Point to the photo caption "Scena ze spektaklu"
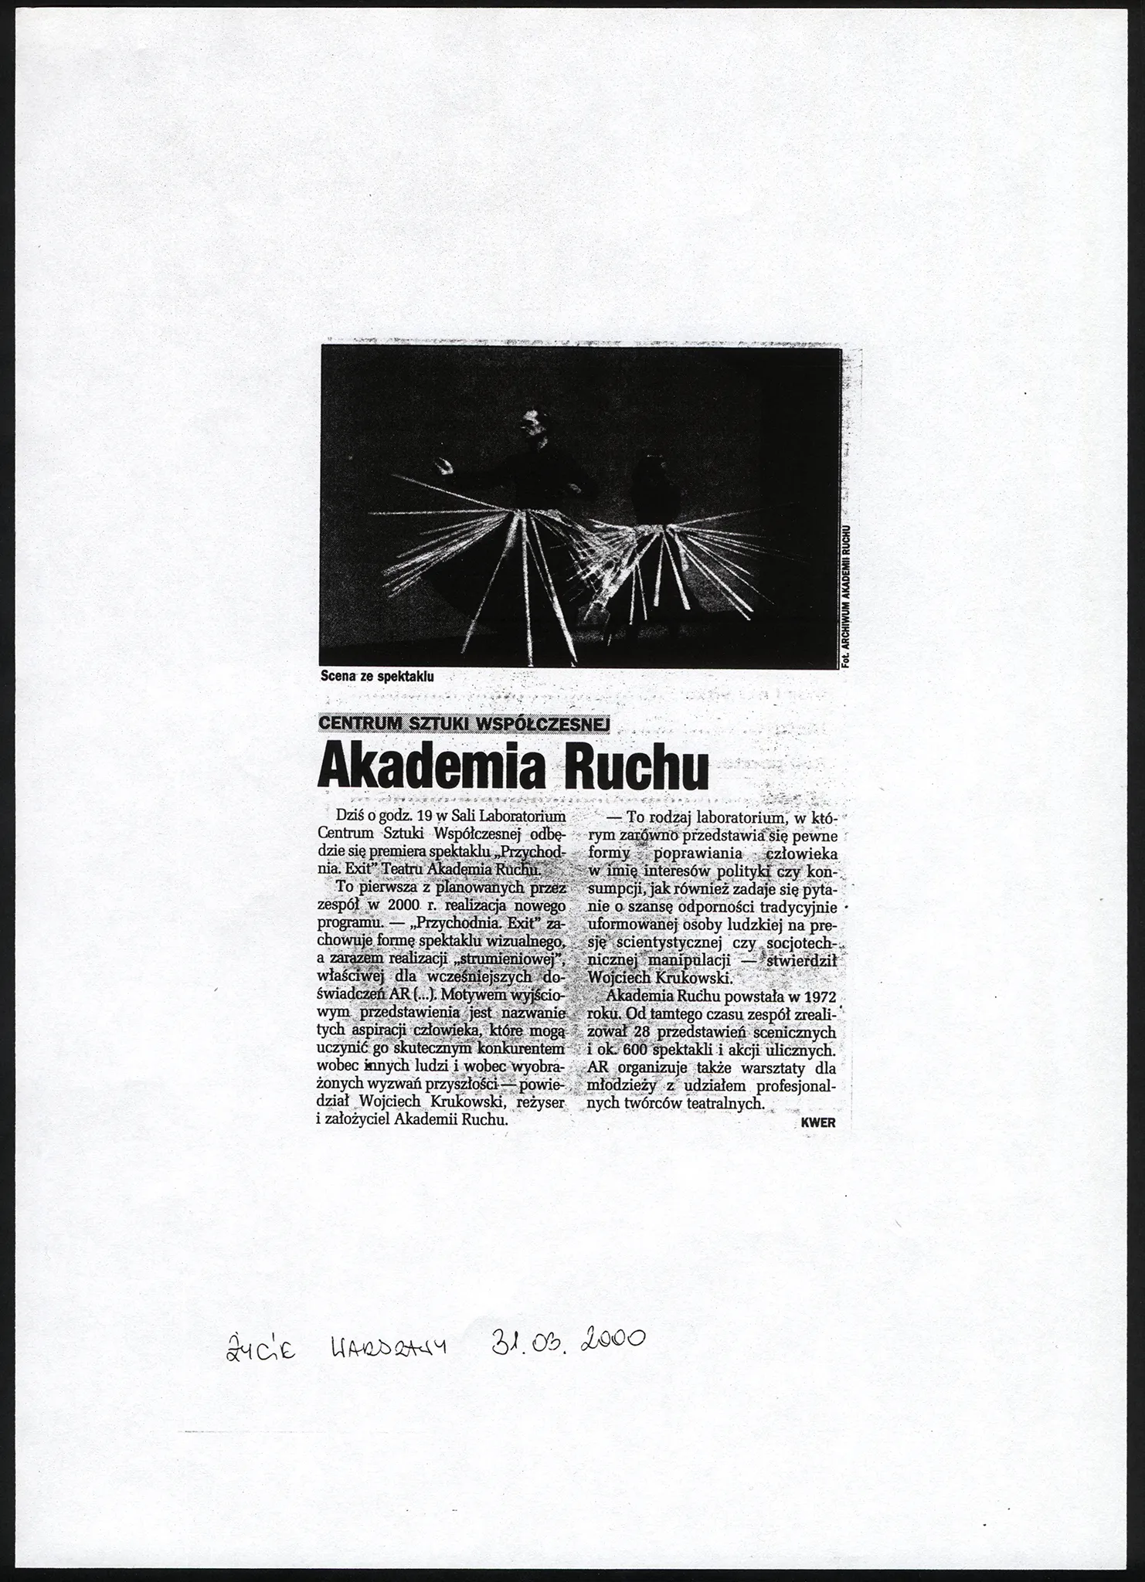click(377, 676)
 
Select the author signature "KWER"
click(819, 1123)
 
